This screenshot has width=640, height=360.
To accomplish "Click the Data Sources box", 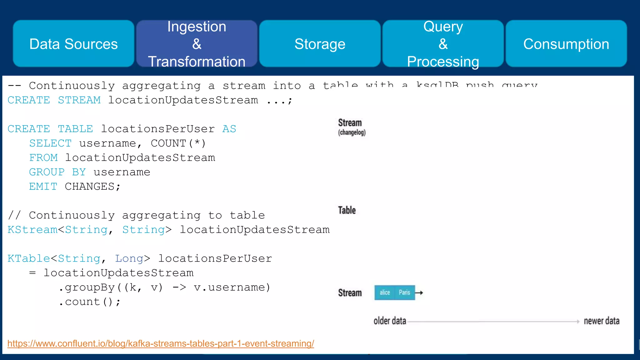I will [x=73, y=44].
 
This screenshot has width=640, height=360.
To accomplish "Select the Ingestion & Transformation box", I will [x=197, y=44].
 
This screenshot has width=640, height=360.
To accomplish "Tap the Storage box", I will [x=320, y=44].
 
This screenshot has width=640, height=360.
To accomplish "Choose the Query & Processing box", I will [x=443, y=44].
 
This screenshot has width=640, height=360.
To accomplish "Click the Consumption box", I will [x=566, y=44].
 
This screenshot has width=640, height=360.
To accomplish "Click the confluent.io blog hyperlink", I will [x=161, y=343].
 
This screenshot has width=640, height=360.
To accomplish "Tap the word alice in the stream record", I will [x=385, y=292].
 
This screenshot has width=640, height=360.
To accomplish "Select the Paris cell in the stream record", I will [x=404, y=292].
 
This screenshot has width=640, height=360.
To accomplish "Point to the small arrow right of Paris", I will [x=419, y=293].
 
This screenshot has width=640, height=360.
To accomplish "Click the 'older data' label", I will [x=390, y=321].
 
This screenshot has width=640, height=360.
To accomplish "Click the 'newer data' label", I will [x=601, y=321].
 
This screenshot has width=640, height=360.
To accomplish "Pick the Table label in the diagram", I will [x=347, y=210].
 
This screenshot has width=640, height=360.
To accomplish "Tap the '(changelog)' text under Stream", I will [x=352, y=132].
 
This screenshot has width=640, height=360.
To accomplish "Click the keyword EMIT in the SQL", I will [x=43, y=187].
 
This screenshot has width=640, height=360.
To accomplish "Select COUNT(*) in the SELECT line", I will [x=178, y=143].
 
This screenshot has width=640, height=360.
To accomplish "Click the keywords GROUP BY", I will [x=57, y=172].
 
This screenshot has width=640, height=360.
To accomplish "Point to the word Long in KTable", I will [x=129, y=259].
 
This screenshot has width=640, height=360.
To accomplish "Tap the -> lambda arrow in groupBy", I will [x=179, y=287].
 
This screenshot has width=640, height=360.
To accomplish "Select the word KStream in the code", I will [x=32, y=230].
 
